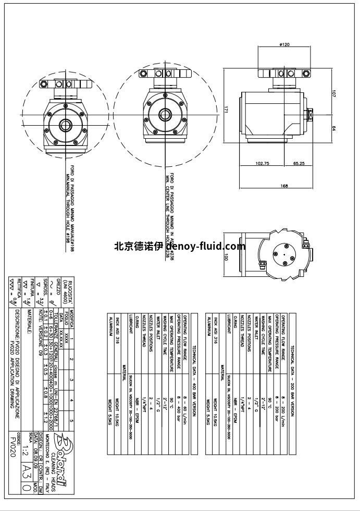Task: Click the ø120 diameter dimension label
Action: click(284, 45)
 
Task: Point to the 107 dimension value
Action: click(333, 94)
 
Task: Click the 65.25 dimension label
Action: click(299, 163)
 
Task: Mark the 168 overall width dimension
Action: click(284, 186)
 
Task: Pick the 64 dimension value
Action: click(333, 128)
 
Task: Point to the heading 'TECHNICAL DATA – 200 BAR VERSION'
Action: click(293, 354)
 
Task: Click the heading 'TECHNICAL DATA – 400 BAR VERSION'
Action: click(194, 354)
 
